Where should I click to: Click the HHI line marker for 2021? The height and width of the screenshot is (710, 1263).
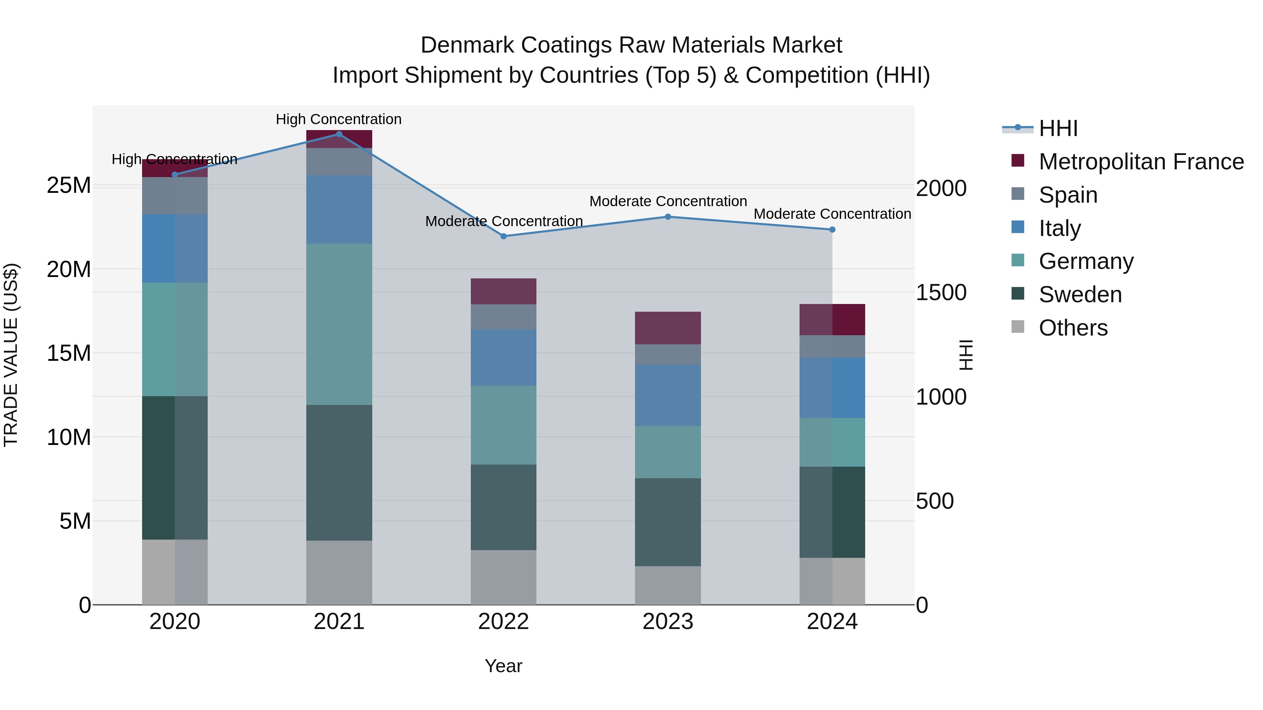[x=339, y=134]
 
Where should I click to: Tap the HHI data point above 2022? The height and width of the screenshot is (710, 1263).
[x=503, y=236]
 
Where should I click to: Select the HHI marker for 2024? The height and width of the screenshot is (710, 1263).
[x=832, y=229]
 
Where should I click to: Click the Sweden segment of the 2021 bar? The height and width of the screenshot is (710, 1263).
[x=339, y=473]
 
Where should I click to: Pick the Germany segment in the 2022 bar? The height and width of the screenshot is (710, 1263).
[x=503, y=425]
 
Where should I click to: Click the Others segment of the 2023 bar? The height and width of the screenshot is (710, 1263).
[x=667, y=585]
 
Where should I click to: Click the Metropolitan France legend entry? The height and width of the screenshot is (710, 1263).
[x=1141, y=162]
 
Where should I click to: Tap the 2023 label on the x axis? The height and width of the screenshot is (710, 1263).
[x=667, y=622]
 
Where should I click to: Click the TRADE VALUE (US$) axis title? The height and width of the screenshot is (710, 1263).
[x=11, y=355]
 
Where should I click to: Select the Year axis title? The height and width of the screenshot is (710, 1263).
[x=503, y=666]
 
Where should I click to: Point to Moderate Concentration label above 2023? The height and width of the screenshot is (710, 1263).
[x=668, y=201]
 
